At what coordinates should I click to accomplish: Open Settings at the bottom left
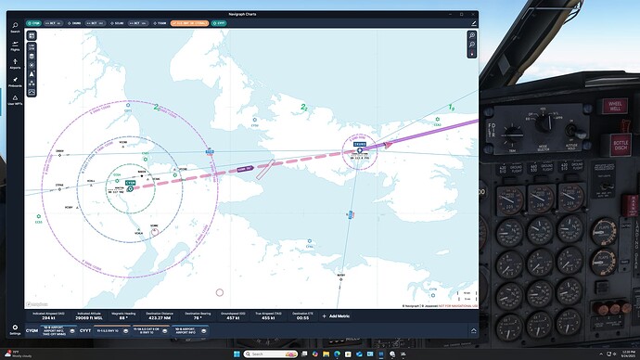pyautogui.click(x=14, y=328)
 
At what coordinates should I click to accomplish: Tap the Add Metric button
pyautogui.click(x=340, y=316)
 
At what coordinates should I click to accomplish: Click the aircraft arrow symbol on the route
pyautogui.click(x=388, y=143)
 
